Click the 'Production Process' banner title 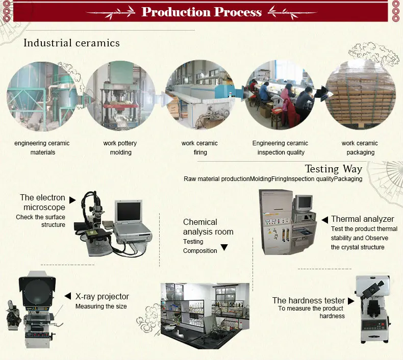pyautogui.click(x=202, y=12)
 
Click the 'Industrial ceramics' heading pyautogui.click(x=71, y=43)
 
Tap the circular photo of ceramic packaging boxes pyautogui.click(x=360, y=96)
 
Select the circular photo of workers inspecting pyautogui.click(x=280, y=96)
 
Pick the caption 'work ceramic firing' pyautogui.click(x=199, y=148)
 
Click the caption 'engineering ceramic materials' pyautogui.click(x=42, y=148)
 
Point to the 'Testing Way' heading pyautogui.click(x=333, y=169)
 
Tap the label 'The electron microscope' pyautogui.click(x=43, y=202)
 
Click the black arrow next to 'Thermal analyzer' pyautogui.click(x=324, y=220)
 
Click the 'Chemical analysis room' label pyautogui.click(x=208, y=227)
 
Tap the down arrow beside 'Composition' pyautogui.click(x=223, y=248)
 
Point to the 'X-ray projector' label pyautogui.click(x=102, y=296)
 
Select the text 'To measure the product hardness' pyautogui.click(x=311, y=312)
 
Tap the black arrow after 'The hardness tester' pyautogui.click(x=351, y=301)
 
